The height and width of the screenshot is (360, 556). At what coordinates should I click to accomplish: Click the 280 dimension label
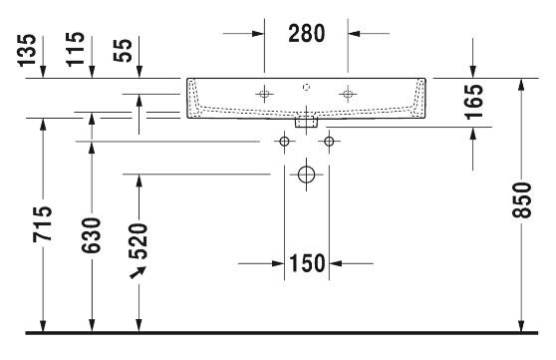point(306,33)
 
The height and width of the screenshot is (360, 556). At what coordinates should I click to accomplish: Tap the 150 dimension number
point(307,264)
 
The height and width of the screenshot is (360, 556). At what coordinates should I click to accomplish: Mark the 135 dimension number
point(29,49)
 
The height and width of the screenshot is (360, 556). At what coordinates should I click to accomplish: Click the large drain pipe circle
point(306,176)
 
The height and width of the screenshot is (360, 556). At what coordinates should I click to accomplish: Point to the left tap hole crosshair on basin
point(264,94)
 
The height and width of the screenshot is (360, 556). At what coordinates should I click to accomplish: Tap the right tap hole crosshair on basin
point(347,94)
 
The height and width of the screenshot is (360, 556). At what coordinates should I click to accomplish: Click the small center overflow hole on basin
point(306,86)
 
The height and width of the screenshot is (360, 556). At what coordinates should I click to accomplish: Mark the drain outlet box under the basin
point(306,124)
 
